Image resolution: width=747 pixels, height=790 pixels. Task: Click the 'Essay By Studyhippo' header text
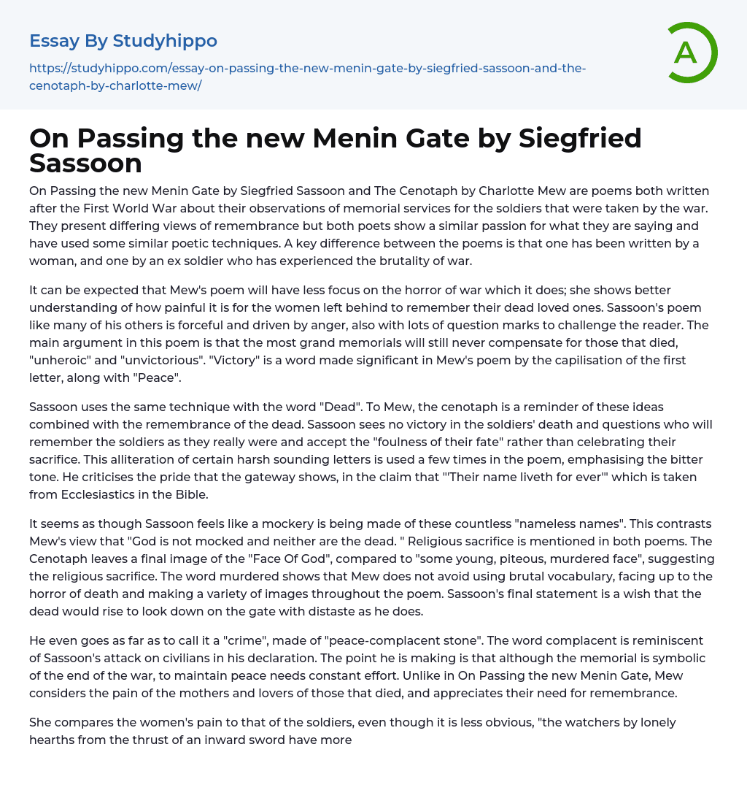coord(123,41)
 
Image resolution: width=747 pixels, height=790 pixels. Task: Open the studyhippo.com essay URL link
coord(307,77)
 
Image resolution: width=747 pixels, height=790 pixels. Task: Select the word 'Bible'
coord(191,494)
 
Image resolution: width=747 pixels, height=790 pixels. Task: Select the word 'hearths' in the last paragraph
coord(57,740)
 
